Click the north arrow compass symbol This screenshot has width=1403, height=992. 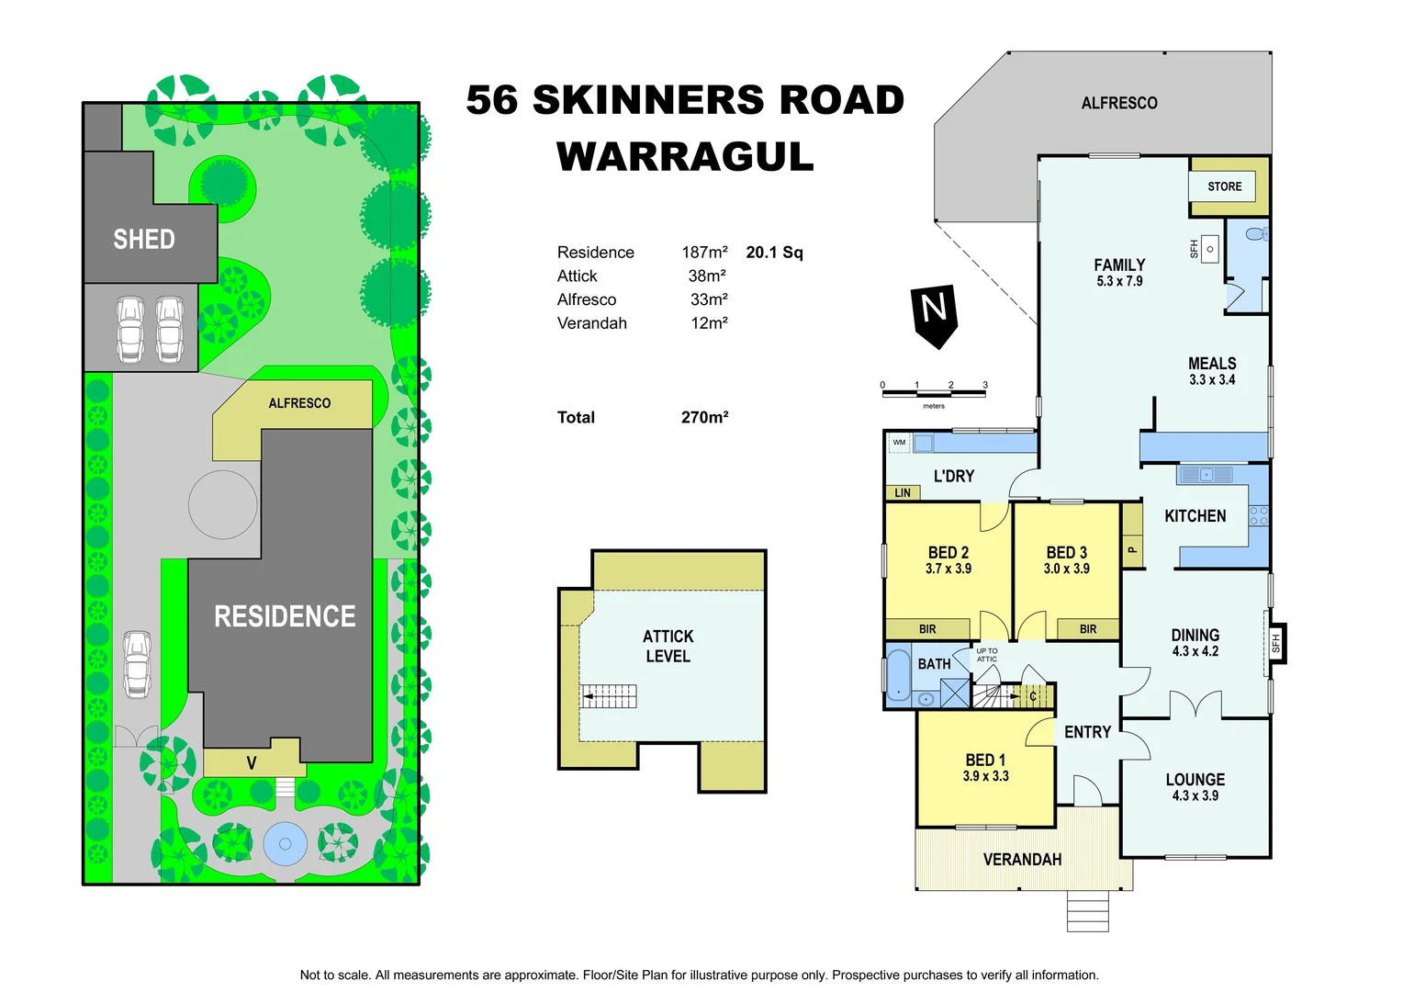(934, 314)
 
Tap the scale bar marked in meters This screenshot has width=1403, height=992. (933, 394)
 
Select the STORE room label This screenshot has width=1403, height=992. (1224, 186)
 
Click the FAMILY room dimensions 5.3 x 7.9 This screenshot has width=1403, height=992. (1119, 282)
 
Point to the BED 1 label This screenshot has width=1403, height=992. (985, 760)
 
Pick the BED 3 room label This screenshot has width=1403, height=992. (1066, 552)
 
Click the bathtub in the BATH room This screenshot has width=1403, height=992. (897, 676)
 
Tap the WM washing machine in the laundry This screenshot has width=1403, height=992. (899, 443)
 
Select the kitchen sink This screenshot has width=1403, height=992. (1206, 475)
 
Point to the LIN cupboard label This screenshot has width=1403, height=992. (903, 493)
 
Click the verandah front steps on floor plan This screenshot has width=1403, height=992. (1087, 911)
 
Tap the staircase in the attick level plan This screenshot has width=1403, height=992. (610, 697)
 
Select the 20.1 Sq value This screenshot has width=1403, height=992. (774, 253)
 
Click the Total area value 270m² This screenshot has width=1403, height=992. (704, 417)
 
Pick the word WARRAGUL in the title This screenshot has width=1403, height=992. (685, 157)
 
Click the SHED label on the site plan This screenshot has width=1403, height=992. (144, 240)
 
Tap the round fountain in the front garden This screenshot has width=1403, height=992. (284, 844)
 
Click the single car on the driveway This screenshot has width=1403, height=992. (137, 664)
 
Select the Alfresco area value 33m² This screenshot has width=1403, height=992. (709, 299)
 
